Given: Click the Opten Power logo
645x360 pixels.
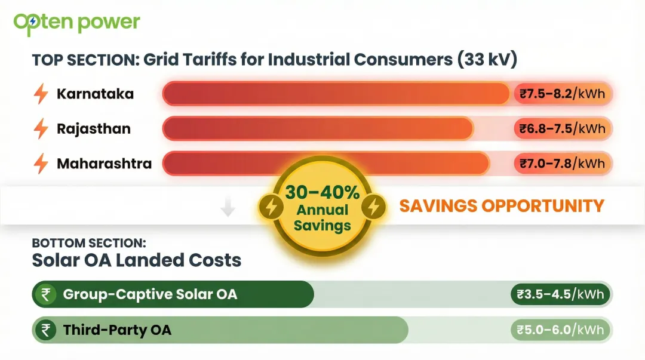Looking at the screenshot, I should (76, 23).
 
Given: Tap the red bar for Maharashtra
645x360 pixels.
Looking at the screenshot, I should (325, 164).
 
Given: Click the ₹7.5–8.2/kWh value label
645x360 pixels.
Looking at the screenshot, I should (562, 94).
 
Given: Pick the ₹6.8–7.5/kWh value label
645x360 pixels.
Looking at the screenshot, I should (562, 128).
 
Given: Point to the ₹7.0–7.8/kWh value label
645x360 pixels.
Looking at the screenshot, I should (562, 163).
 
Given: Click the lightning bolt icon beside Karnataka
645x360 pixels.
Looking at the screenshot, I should (41, 94).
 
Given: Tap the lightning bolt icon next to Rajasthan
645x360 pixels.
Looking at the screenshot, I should (41, 129).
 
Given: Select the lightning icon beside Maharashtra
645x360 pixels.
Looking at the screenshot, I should (41, 164).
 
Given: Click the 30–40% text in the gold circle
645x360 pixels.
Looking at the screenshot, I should (322, 192).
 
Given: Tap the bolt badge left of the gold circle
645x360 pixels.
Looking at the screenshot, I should (271, 207).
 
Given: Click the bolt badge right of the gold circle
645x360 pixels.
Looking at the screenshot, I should (373, 207).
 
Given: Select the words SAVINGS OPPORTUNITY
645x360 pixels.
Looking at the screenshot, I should (502, 206).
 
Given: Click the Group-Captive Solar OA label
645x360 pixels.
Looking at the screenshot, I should (149, 294).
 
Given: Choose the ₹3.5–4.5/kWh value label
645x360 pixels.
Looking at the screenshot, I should (561, 294).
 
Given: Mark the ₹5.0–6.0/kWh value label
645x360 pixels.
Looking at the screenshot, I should (561, 330).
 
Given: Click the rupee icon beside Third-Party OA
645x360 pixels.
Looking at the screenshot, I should (45, 330).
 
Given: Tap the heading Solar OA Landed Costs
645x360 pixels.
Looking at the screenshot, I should (136, 260).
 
